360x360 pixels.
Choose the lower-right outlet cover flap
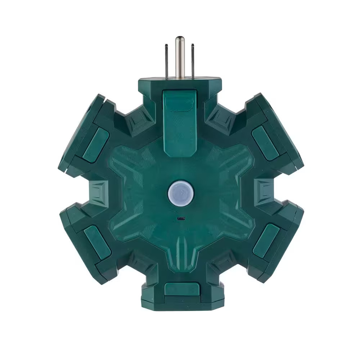pyautogui.click(x=266, y=240)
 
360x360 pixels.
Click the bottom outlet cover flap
pyautogui.click(x=182, y=290)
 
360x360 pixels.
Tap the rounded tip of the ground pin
pyautogui.click(x=180, y=39)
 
